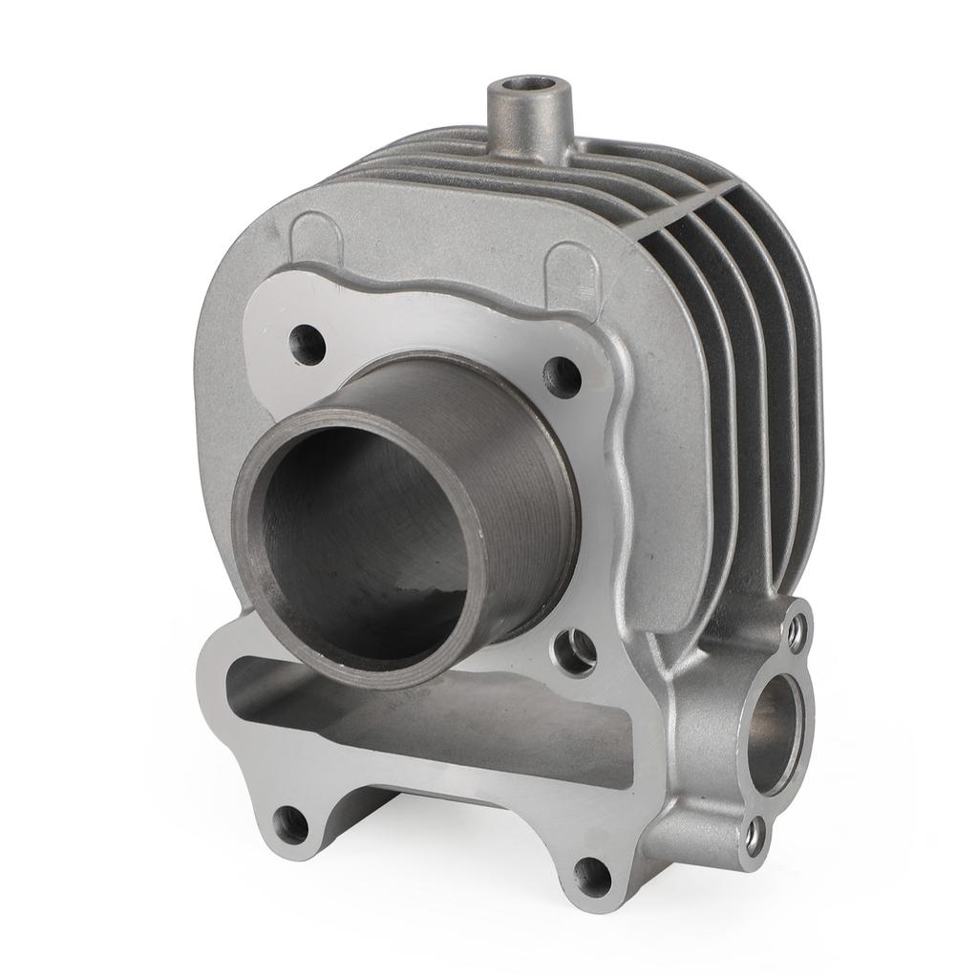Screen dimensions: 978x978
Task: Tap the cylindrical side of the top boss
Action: pyautogui.click(x=526, y=134)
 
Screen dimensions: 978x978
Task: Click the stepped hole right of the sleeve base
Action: pyautogui.click(x=576, y=649)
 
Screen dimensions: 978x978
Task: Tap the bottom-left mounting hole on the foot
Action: pyautogui.click(x=290, y=823)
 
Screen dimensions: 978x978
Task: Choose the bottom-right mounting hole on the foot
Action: pyautogui.click(x=592, y=874)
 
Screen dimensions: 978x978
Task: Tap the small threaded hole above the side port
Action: pyautogui.click(x=796, y=632)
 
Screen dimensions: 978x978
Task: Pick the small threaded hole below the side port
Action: pyautogui.click(x=756, y=836)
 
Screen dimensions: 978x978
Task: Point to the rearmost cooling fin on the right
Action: pyautogui.click(x=802, y=382)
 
